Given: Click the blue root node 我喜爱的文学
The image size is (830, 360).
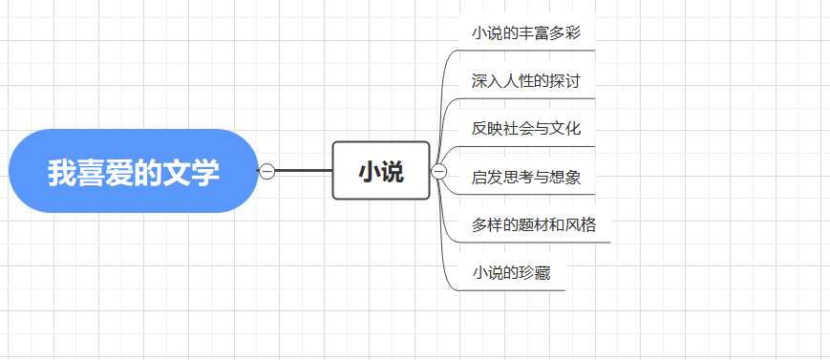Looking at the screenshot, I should point(134,171).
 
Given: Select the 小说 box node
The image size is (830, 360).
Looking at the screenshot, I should point(381,171).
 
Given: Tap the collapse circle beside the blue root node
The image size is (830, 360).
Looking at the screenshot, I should point(267,171).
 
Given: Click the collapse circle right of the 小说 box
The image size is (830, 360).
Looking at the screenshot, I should point(439,171).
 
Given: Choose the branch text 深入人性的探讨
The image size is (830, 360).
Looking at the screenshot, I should point(526,80).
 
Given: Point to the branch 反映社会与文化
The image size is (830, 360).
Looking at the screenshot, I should point(526,128).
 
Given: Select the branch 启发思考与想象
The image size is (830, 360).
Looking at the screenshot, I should point(526,177).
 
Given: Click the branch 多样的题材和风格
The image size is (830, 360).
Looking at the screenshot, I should point(534,225).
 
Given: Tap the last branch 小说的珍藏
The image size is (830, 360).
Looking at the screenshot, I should point(511,273).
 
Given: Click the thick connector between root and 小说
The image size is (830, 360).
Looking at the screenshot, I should point(303,171).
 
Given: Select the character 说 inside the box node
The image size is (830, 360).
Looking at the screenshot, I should point(393,172).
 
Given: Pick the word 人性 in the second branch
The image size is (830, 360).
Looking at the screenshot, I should point(519,80).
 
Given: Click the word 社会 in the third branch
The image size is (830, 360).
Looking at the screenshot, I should point(519,128).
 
